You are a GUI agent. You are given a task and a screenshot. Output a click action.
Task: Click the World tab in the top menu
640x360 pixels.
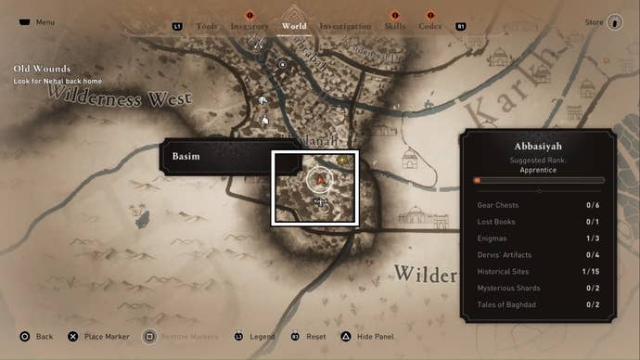click(294, 26)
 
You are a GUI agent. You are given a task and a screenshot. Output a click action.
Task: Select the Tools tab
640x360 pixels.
click(207, 26)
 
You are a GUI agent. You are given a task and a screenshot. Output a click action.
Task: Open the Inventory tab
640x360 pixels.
click(250, 26)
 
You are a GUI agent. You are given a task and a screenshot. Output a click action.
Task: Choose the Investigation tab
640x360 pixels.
click(345, 26)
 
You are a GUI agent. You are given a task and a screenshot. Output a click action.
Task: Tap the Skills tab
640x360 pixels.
click(394, 26)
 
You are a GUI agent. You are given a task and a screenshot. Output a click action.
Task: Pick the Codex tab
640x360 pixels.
click(429, 26)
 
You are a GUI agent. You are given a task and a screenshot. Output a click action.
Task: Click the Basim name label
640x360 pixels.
click(186, 157)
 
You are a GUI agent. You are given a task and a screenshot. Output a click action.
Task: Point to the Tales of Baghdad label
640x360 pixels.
click(506, 304)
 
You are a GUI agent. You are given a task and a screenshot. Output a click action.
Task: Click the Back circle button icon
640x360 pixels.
click(25, 336)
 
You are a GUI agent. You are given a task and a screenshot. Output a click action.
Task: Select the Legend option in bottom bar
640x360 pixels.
click(262, 336)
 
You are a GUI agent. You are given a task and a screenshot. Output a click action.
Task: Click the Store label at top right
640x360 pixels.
click(594, 21)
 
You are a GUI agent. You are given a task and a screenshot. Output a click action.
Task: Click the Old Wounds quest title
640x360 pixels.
click(34, 68)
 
